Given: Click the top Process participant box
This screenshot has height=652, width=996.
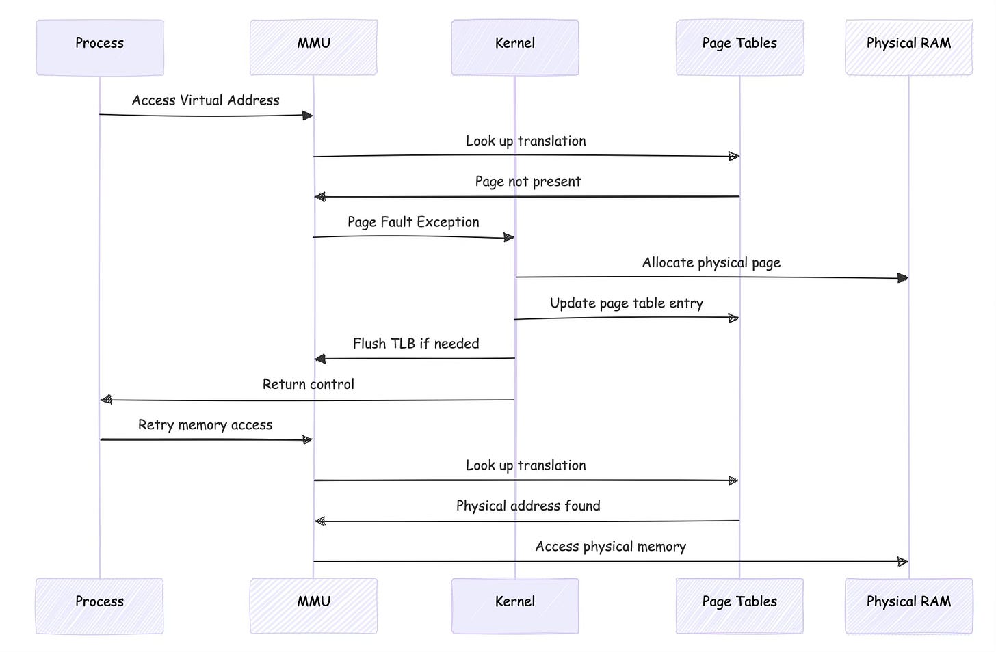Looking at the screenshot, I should coord(100,47).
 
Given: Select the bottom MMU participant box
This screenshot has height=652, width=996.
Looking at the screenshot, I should coord(313,605).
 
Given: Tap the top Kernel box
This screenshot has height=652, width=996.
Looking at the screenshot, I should coord(514,47).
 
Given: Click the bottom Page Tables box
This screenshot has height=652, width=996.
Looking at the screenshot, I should coord(739,605).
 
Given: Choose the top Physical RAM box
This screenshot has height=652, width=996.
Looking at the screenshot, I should coord(908,47).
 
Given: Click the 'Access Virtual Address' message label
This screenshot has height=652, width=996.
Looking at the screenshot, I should coord(205,100).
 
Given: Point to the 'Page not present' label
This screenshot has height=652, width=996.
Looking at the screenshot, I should coord(527,182).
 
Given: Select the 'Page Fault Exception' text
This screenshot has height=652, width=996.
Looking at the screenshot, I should coord(413,222).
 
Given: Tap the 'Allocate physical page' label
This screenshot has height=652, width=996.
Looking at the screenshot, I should coord(711,263).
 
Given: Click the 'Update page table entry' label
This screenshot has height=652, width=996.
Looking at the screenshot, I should coord(626,303).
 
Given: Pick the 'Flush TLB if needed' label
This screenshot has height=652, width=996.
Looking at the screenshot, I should coord(415,344).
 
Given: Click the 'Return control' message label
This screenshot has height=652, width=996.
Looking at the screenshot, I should coord(308,384).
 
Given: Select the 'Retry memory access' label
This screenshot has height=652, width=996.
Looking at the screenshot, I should coord(205,425).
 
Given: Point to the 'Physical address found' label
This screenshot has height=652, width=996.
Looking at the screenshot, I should coord(527,506).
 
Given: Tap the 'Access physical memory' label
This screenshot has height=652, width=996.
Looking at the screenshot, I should coord(610,547).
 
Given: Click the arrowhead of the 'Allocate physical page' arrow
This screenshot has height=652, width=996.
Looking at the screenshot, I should coord(902,278).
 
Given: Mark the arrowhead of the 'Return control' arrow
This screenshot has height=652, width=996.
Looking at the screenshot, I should coord(106,400).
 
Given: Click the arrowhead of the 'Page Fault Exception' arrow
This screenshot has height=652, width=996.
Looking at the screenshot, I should coord(508,238).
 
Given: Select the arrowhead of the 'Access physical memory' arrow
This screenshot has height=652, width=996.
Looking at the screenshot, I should coord(902,562).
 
